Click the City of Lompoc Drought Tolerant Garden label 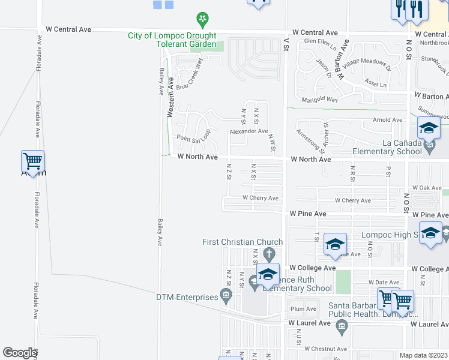[172, 40]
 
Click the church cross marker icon [270, 252]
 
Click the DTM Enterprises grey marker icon [226, 294]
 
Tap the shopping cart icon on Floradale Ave [32, 161]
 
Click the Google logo [19, 353]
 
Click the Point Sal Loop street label [193, 139]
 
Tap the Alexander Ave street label [249, 131]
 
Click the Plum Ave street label [303, 309]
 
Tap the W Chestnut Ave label [325, 349]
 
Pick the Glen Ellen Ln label [318, 41]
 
